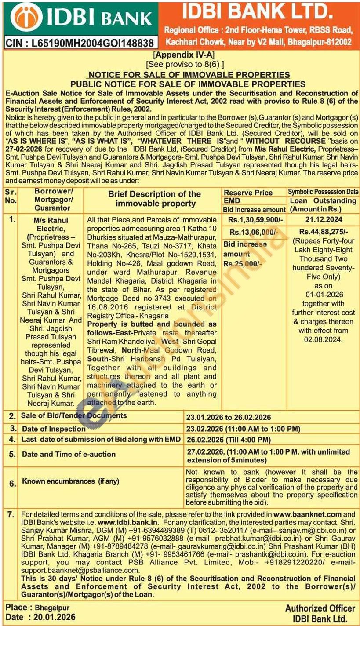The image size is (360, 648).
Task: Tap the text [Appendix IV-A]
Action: (x=182, y=55)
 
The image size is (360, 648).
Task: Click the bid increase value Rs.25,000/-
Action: (x=243, y=264)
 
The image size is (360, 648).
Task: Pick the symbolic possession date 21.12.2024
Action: (x=323, y=219)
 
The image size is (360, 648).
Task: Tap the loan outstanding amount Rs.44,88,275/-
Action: (x=323, y=232)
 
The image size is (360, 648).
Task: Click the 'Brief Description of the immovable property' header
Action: (x=154, y=199)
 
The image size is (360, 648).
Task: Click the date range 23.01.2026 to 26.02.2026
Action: (x=229, y=417)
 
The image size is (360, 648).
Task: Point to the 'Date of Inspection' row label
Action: (x=54, y=429)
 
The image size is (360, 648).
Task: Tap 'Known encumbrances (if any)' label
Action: (x=70, y=481)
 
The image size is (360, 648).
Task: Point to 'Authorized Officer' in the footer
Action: (x=320, y=608)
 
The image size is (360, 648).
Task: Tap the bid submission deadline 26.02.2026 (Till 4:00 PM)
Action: (x=229, y=440)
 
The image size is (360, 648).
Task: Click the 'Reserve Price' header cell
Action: (x=248, y=193)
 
